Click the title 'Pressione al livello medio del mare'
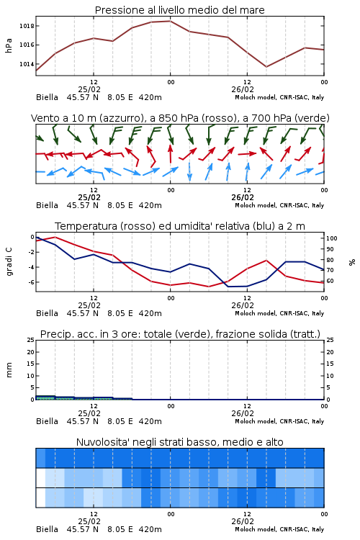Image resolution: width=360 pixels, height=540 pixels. tap(179, 10)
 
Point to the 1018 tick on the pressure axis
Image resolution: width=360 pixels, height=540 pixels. tap(26, 26)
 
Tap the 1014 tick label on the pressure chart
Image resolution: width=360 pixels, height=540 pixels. tap(26, 64)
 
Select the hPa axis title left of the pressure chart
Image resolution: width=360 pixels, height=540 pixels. tap(9, 45)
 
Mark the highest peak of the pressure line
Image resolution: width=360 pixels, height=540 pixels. tap(170, 21)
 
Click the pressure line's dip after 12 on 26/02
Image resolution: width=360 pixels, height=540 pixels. tap(266, 67)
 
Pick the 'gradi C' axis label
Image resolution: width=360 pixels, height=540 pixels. tap(9, 262)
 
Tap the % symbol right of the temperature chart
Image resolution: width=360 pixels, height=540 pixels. tap(352, 262)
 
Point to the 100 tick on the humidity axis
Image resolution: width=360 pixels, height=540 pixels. tap(331, 238)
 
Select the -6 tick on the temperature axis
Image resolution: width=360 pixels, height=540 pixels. tap(31, 282)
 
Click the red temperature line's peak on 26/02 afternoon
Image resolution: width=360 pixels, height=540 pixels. tap(266, 260)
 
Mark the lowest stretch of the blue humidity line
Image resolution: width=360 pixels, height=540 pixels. tap(238, 286)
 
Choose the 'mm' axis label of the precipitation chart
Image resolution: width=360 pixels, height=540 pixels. tap(9, 369)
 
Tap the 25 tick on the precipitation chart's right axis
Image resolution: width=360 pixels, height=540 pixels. tap(330, 340)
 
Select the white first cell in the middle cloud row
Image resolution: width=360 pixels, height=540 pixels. tap(40, 477)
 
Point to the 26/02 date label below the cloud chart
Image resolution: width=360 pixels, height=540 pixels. tap(243, 521)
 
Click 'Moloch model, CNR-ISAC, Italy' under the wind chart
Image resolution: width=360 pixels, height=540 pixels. tap(279, 205)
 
